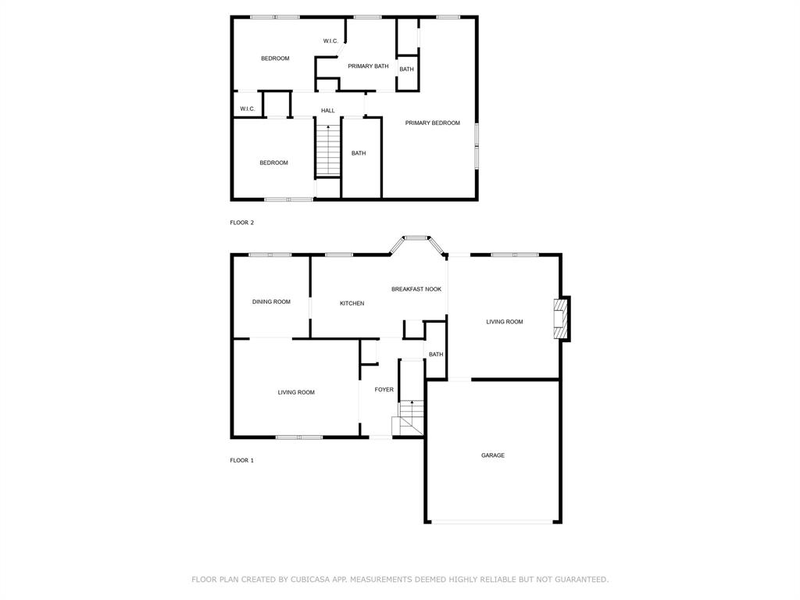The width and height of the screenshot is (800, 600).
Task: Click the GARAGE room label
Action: pyautogui.click(x=492, y=455)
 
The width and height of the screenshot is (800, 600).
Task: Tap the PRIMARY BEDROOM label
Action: pyautogui.click(x=432, y=123)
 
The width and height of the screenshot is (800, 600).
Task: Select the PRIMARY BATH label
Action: pyautogui.click(x=368, y=66)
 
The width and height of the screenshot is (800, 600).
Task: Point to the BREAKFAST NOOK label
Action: pyautogui.click(x=416, y=289)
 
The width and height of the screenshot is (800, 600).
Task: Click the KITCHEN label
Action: pyautogui.click(x=352, y=303)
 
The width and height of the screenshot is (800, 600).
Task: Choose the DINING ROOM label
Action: pyautogui.click(x=271, y=302)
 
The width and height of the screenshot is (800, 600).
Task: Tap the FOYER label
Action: pyautogui.click(x=384, y=389)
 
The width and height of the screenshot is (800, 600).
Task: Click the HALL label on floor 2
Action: pyautogui.click(x=328, y=111)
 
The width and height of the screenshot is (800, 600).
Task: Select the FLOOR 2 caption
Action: pyautogui.click(x=241, y=223)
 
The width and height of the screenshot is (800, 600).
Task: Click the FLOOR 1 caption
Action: pyautogui.click(x=241, y=460)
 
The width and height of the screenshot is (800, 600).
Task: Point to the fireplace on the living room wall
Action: pyautogui.click(x=561, y=319)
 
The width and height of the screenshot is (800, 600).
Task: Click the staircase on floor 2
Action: pyautogui.click(x=328, y=150)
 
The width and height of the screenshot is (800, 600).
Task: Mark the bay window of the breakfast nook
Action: pyautogui.click(x=417, y=238)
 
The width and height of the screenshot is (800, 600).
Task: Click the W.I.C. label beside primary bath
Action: pyautogui.click(x=330, y=41)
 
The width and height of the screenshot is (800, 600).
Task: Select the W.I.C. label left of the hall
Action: pyautogui.click(x=247, y=109)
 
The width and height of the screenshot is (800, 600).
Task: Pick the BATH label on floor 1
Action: pyautogui.click(x=436, y=354)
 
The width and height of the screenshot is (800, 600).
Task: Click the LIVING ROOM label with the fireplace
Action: pyautogui.click(x=504, y=322)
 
